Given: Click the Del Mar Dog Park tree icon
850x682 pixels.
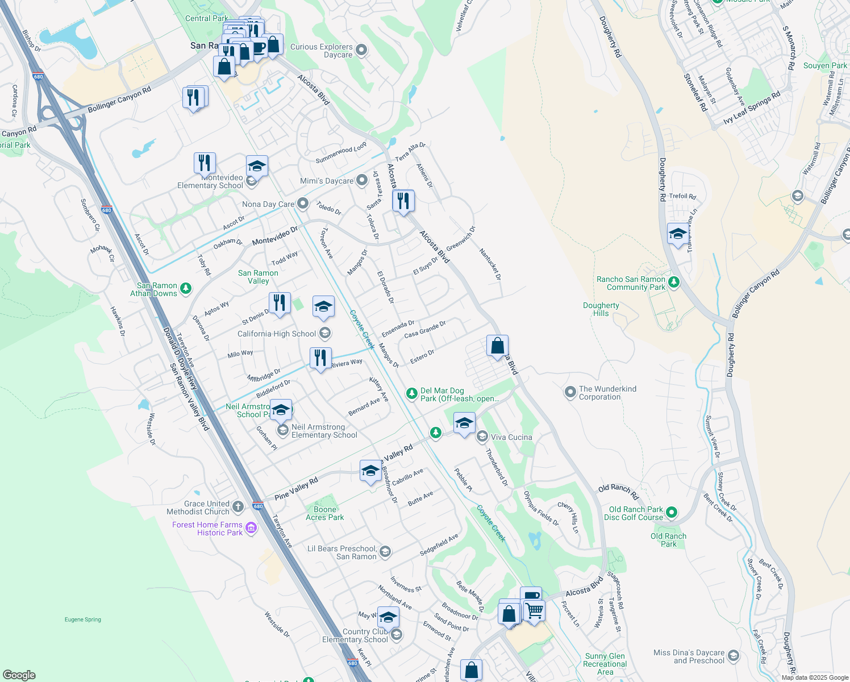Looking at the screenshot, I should pos(411,393).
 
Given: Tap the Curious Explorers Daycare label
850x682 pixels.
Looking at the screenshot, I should pos(322,51).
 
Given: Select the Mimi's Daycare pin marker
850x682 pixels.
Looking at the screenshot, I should pos(362,181).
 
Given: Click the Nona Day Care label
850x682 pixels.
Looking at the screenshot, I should pos(268,204).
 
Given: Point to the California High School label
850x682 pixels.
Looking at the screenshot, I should pos(277,334).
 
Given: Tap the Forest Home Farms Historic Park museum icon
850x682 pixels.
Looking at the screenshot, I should pos(251,529).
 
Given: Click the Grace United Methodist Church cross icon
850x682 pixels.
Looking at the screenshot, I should pos(238,506).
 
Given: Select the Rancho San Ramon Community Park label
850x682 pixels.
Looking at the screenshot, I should pos(631,283).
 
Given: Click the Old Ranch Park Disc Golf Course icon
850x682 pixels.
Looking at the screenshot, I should pos(671,512).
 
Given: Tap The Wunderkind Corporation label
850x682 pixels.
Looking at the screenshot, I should pos(607,393).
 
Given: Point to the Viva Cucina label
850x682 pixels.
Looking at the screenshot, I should pos(511,437).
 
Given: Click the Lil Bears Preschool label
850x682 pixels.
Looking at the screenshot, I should pos(342,552).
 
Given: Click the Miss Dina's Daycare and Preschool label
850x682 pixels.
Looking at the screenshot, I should pos(689,656).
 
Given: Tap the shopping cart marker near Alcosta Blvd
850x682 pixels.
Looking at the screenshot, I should pos(534,612).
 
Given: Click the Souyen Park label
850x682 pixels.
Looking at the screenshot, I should pos(825,65).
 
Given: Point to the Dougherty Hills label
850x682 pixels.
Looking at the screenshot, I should pos(601,309).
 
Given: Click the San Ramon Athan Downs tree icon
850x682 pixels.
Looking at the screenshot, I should pos(186,289).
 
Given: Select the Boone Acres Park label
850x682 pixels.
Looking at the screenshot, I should pos(325,513).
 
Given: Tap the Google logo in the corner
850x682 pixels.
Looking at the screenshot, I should pos(19,675).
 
